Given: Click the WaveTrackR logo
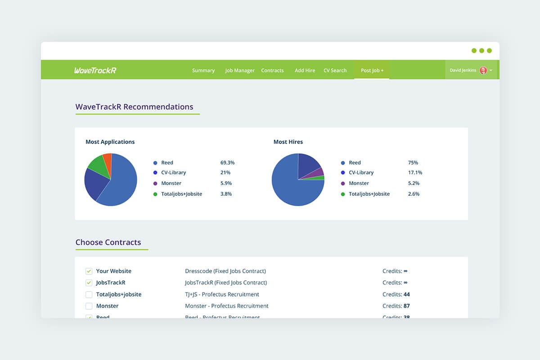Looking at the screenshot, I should (95, 70).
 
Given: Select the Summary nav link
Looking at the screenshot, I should (203, 71).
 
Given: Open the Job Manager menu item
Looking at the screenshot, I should (240, 71).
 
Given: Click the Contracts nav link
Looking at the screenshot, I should (272, 71).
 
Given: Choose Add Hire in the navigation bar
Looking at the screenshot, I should (305, 71).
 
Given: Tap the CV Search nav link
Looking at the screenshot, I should (335, 71).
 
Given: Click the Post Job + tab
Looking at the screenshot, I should (372, 71).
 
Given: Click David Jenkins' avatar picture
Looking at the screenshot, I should (483, 70).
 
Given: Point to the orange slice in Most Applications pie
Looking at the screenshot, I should (107, 159).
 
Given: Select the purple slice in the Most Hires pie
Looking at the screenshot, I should (320, 172).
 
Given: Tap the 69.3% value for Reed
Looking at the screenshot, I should (227, 162).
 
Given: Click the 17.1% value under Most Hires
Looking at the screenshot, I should (415, 172).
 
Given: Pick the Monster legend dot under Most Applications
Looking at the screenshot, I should (155, 184).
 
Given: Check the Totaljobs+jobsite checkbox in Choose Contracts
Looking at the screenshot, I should (89, 294).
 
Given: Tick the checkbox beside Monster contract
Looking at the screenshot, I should (89, 306).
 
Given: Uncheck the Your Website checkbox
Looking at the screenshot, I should (89, 271).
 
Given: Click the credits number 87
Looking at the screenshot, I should (407, 306).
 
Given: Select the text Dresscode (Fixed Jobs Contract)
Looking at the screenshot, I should (225, 271).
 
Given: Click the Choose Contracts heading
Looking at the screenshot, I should (108, 242).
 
